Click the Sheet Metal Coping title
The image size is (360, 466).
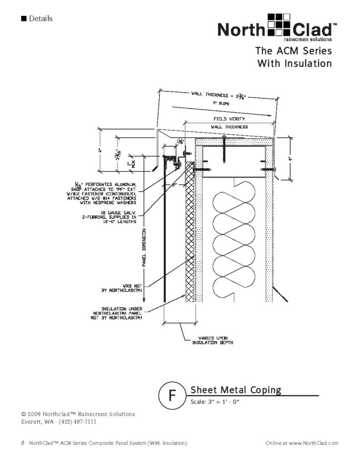pos(236,390)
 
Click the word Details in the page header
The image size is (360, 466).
pos(40,19)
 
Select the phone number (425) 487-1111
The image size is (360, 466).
pos(76,422)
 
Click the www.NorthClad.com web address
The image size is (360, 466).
pos(314,443)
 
